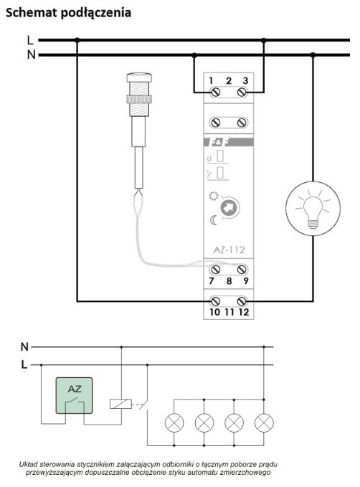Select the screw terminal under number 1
(215, 92)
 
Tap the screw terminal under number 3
(242, 92)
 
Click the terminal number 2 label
(229, 81)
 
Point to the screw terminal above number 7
(215, 269)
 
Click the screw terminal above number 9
(242, 269)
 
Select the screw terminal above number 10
(215, 301)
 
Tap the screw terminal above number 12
(242, 301)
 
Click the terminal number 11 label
(229, 312)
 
